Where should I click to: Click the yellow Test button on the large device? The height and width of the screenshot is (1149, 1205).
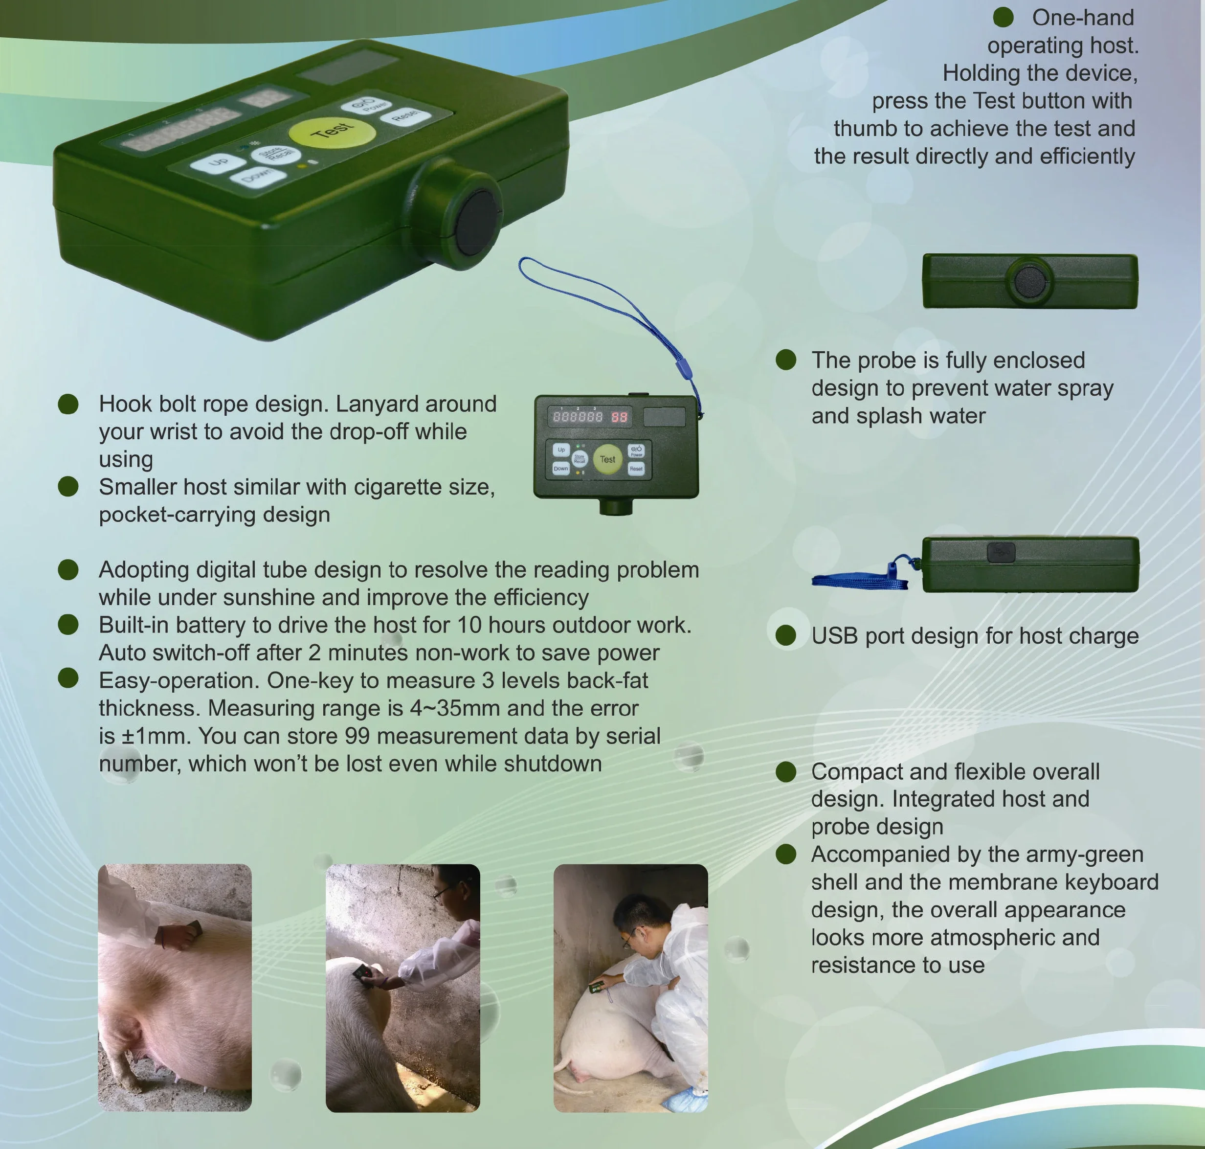[x=331, y=132]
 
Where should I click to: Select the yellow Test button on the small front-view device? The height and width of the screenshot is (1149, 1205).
[x=607, y=459]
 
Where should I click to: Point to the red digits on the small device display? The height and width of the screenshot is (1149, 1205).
[x=619, y=417]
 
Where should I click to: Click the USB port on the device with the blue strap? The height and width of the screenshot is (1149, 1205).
[x=1001, y=552]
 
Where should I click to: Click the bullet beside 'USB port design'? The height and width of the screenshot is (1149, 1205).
[x=785, y=636]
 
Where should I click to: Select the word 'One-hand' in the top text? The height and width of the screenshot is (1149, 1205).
[x=1083, y=18]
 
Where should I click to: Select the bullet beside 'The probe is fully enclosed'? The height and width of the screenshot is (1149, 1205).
[x=785, y=360]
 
